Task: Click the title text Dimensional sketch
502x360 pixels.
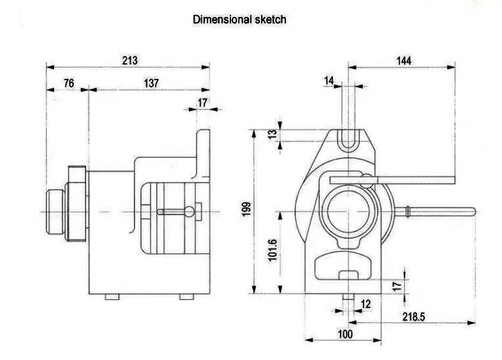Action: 239,20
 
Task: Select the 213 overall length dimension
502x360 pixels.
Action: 130,61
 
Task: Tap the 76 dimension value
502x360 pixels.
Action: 68,83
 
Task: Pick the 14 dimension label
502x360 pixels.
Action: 329,80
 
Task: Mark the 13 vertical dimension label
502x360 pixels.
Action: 273,134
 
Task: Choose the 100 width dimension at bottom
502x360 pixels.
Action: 345,335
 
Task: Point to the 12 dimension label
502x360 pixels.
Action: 365,303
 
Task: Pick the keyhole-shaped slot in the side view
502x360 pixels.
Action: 176,211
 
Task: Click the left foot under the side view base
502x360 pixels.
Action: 112,296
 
